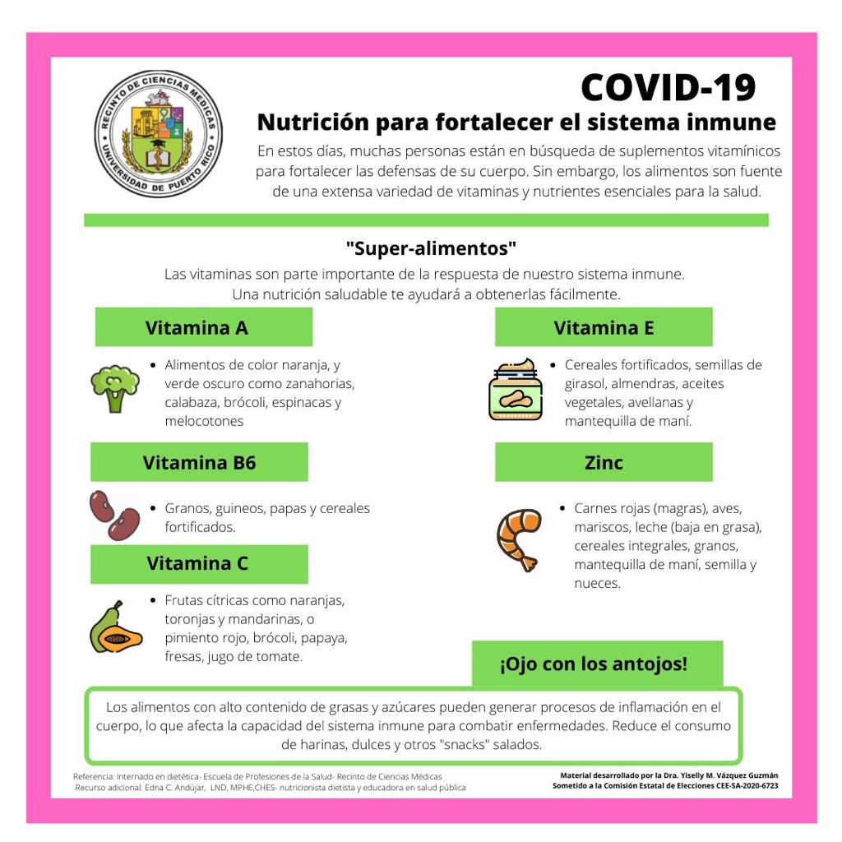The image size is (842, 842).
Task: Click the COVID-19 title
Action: pyautogui.click(x=668, y=87)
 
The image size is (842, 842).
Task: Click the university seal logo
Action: pyautogui.click(x=158, y=133)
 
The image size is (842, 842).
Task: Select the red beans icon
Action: pyautogui.click(x=114, y=515)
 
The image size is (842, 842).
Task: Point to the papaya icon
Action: pyautogui.click(x=115, y=628)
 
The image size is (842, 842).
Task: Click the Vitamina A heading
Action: pyautogui.click(x=197, y=328)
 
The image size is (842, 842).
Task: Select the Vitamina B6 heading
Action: pyautogui.click(x=199, y=462)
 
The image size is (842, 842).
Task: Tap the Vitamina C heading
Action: pyautogui.click(x=197, y=564)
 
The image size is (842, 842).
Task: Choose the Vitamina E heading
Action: pyautogui.click(x=604, y=328)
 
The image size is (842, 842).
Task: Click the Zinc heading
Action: pyautogui.click(x=604, y=462)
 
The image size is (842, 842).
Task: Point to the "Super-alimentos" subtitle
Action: pyautogui.click(x=431, y=248)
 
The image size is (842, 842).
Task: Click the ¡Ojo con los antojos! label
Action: pyautogui.click(x=594, y=664)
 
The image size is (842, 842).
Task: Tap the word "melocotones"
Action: pyautogui.click(x=204, y=421)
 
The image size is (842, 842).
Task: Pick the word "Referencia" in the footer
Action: pyautogui.click(x=93, y=776)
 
